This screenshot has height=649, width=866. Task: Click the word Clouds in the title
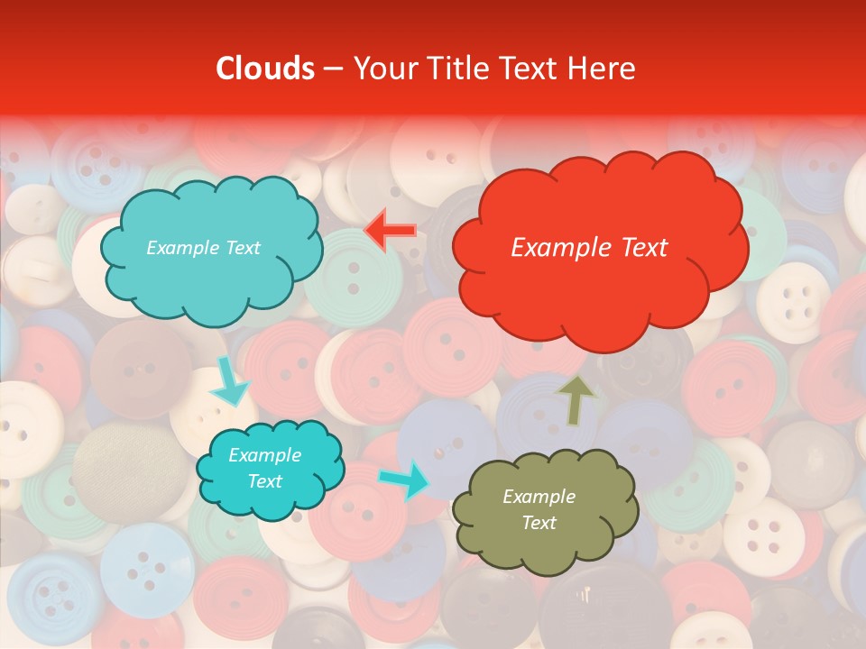265,69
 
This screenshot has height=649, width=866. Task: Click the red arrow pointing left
390,231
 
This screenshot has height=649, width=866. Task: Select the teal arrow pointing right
404,479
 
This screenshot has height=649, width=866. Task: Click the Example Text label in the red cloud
589,248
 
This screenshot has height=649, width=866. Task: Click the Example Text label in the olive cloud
539,509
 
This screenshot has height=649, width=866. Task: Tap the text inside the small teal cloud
264,469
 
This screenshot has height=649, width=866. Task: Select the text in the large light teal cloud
203,248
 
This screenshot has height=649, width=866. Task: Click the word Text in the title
534,69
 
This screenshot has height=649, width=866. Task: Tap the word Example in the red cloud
555,248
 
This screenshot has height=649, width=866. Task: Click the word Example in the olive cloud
539,497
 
